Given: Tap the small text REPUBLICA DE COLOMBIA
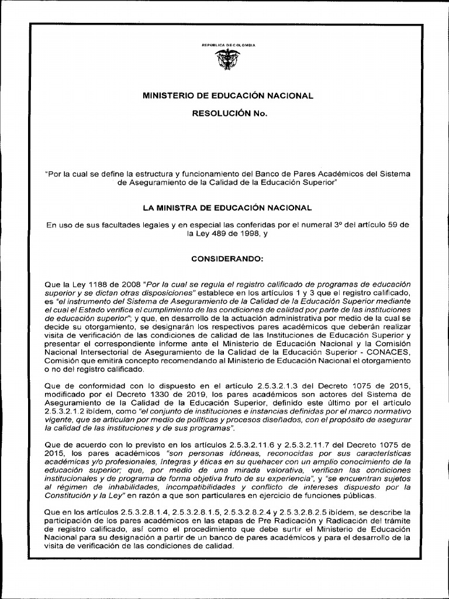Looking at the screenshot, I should pos(224,44).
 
